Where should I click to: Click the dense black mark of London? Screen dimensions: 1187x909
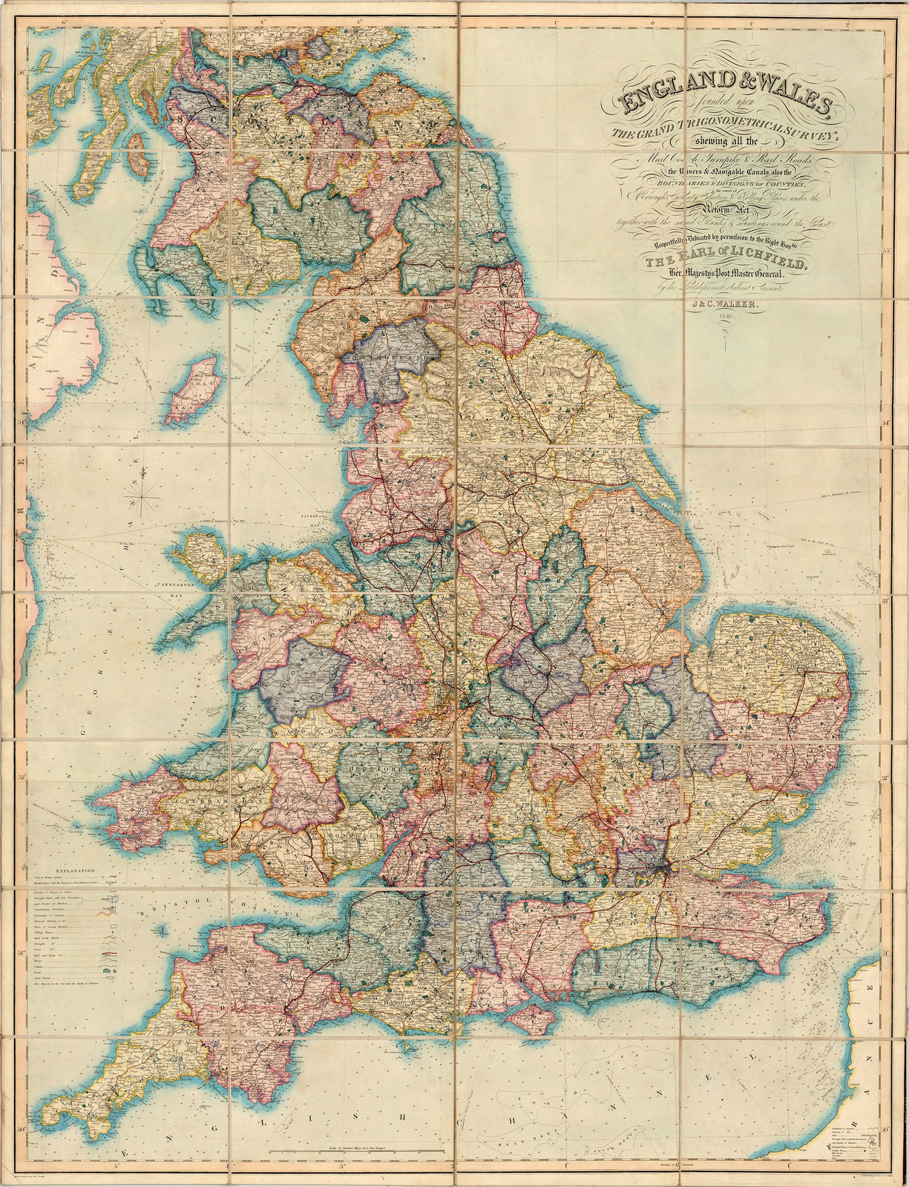(658, 867)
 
